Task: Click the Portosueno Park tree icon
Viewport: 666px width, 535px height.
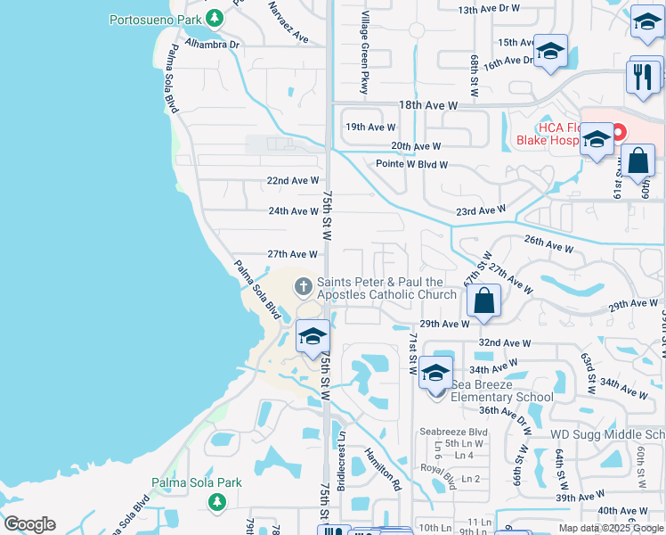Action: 214,18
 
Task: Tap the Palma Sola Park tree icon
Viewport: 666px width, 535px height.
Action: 215,502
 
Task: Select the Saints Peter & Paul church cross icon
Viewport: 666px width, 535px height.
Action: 303,287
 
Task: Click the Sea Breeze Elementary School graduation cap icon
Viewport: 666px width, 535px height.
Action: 435,374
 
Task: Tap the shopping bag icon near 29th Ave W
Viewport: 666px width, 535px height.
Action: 483,301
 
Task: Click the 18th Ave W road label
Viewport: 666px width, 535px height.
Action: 427,105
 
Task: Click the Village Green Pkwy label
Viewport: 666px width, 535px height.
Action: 364,53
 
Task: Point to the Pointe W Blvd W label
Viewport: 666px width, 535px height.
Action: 411,165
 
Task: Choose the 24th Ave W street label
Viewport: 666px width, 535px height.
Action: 293,211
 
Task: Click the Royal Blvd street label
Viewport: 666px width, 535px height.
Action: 438,475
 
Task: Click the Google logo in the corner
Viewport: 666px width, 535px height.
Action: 29,524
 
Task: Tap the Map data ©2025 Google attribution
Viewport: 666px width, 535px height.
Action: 610,528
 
